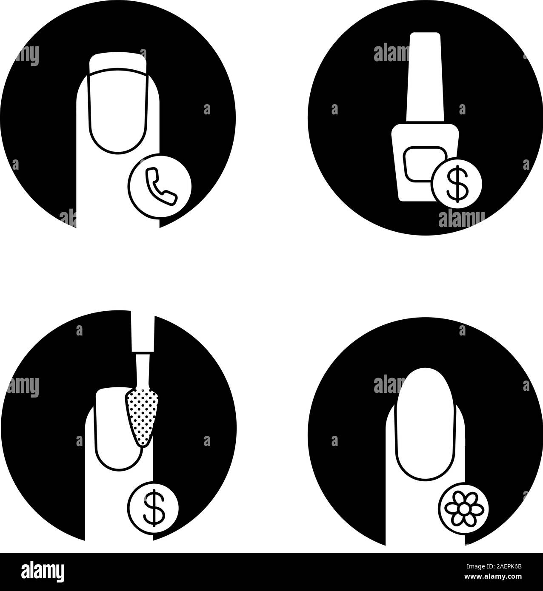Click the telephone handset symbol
[x=161, y=186]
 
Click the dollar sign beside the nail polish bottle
[x=457, y=184]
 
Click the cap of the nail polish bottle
[x=425, y=77]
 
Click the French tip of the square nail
[x=118, y=63]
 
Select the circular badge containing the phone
[x=160, y=186]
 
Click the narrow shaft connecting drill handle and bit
[x=143, y=372]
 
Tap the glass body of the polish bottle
[x=425, y=162]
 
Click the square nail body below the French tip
[x=118, y=111]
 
